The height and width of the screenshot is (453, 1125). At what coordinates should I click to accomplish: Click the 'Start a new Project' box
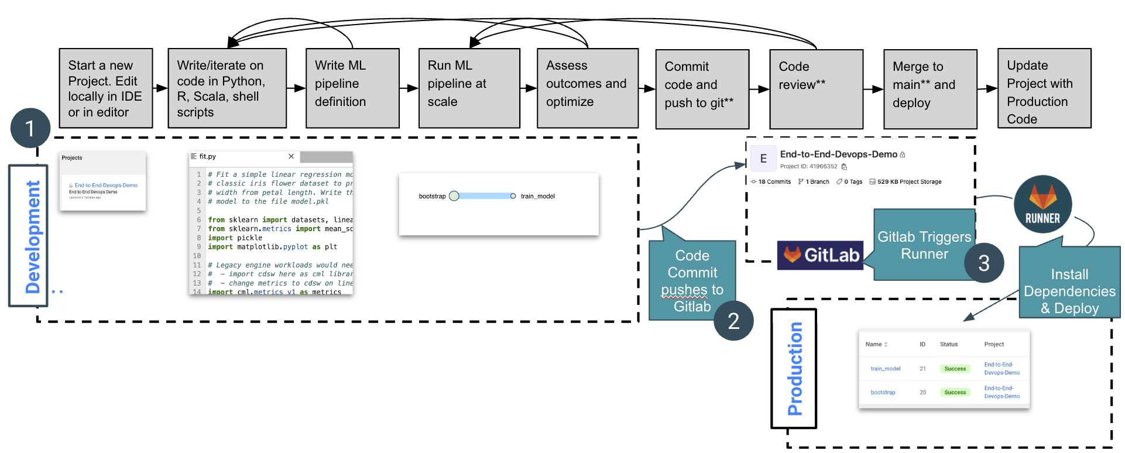105,88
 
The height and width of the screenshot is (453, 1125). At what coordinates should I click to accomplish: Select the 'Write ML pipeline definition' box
352,88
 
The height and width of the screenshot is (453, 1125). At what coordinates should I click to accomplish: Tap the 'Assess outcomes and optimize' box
587,88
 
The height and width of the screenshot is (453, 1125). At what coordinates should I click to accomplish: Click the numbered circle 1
30,128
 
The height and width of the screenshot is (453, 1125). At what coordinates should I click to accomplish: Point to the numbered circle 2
733,321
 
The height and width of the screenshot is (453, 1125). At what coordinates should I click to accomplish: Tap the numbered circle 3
984,263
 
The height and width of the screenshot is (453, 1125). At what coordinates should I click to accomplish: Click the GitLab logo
820,255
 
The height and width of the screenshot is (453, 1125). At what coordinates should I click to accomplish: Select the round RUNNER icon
1042,204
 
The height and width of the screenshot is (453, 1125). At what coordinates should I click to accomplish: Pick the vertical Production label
794,369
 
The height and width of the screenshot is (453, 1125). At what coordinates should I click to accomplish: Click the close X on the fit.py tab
291,156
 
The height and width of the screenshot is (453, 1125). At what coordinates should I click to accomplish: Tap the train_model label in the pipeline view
537,196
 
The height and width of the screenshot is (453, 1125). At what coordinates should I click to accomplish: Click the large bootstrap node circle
454,196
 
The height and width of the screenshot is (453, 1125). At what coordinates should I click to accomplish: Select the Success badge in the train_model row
955,369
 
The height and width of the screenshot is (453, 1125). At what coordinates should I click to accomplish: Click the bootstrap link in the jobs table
882,392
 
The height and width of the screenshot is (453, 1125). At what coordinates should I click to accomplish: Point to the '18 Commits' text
774,182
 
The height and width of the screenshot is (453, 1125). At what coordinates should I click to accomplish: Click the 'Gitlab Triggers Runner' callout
924,245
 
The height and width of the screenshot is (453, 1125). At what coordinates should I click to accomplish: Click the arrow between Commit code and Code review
759,89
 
